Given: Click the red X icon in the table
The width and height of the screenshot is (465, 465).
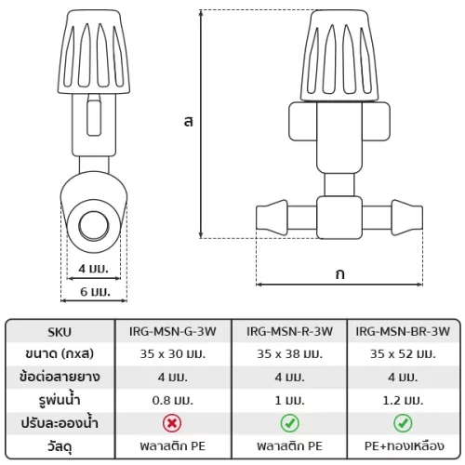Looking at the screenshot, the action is [x=172, y=423].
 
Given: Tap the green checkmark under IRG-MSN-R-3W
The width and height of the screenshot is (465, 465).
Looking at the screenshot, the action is [x=289, y=423].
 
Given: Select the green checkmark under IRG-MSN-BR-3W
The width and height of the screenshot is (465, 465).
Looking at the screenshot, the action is [x=403, y=423].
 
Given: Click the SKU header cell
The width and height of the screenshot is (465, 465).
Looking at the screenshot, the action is [x=60, y=332].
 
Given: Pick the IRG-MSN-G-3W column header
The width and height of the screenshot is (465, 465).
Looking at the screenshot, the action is [x=173, y=331].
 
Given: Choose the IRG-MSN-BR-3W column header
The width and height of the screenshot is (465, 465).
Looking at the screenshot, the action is [x=403, y=331].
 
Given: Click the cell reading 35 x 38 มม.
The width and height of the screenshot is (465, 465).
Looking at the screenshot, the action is [x=290, y=353].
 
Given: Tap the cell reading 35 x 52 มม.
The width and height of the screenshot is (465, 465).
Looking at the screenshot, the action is [x=403, y=353].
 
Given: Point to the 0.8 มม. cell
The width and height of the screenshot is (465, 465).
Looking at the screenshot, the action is [x=173, y=400].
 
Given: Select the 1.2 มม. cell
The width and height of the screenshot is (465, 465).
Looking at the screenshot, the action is [x=403, y=400].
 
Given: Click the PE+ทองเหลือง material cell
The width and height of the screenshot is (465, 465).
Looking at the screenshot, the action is [x=405, y=446].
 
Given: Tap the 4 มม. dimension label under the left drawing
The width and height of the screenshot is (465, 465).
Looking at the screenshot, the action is [x=93, y=269].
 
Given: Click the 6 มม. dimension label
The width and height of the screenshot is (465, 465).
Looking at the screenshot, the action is [x=95, y=292].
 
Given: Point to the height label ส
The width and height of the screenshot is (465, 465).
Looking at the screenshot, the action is [x=189, y=121].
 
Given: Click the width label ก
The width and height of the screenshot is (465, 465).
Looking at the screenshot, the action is [x=340, y=274].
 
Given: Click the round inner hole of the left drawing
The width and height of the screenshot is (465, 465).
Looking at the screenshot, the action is [x=94, y=226].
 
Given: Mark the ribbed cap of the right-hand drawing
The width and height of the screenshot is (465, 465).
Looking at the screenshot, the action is [x=339, y=56].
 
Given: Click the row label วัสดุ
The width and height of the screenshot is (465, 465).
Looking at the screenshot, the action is [x=60, y=446].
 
